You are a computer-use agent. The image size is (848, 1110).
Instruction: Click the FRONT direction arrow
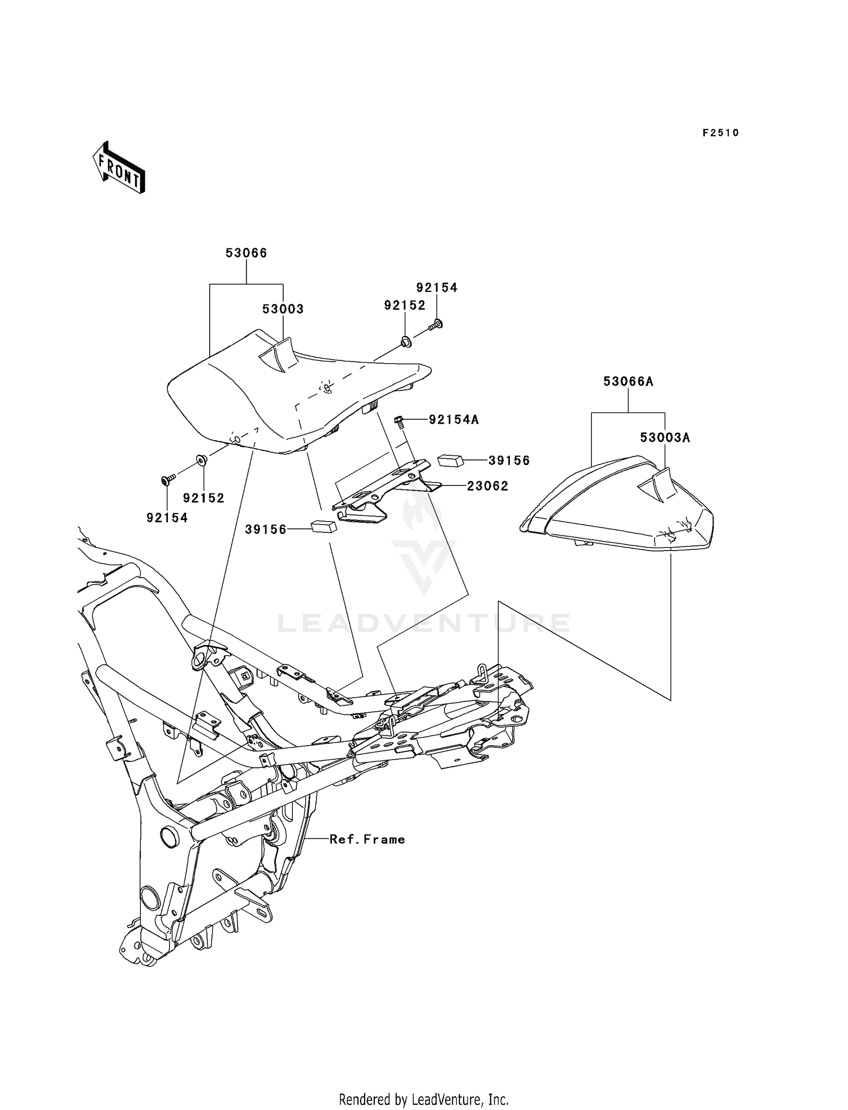click(119, 168)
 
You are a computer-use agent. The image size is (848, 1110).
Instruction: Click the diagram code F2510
click(720, 133)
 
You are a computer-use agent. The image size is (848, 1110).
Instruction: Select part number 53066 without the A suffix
click(246, 253)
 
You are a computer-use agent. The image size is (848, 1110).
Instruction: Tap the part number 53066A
click(628, 382)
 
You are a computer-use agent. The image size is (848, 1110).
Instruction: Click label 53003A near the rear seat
click(665, 438)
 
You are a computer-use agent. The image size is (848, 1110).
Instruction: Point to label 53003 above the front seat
click(283, 309)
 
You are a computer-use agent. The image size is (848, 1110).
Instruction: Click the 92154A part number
click(453, 420)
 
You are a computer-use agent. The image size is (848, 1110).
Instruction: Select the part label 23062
click(487, 486)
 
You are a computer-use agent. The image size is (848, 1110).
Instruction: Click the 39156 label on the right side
click(509, 461)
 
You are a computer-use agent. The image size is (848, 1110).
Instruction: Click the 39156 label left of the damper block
click(266, 530)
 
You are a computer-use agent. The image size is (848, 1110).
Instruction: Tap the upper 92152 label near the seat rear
click(404, 306)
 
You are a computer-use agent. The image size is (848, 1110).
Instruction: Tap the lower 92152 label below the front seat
click(204, 498)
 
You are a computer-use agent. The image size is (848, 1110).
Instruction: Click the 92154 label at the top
click(436, 287)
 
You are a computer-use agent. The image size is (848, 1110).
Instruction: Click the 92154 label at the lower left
click(167, 518)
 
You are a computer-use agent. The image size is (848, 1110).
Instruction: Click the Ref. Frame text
click(367, 840)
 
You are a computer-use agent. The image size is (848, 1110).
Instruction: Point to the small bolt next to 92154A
click(399, 420)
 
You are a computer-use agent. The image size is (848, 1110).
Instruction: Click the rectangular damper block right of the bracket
click(451, 459)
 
